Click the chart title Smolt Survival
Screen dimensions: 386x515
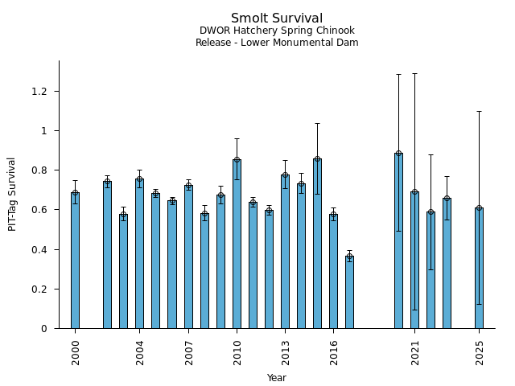(277, 18)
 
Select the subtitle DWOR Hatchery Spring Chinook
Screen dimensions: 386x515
(277, 31)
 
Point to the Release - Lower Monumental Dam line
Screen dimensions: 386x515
(277, 43)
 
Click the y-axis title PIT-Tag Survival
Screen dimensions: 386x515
(12, 194)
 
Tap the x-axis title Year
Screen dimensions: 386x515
(277, 378)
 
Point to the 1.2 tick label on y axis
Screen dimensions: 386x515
(39, 92)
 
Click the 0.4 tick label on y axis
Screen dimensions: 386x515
(39, 250)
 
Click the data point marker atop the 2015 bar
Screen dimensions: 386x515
(317, 159)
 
